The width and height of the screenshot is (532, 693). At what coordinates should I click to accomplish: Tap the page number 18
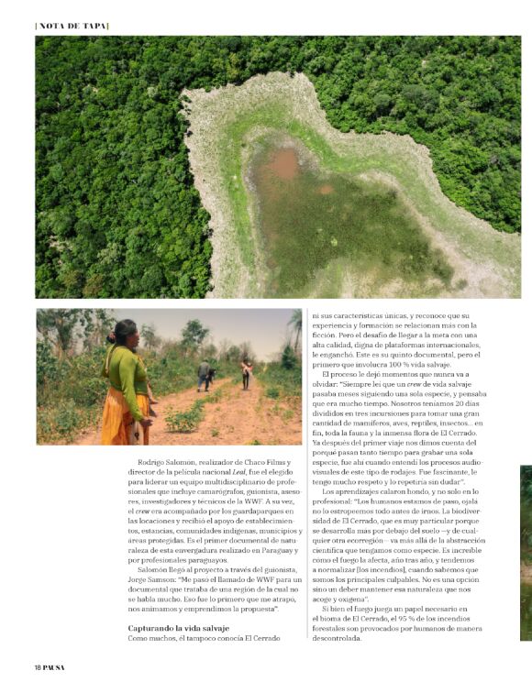[39, 666]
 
